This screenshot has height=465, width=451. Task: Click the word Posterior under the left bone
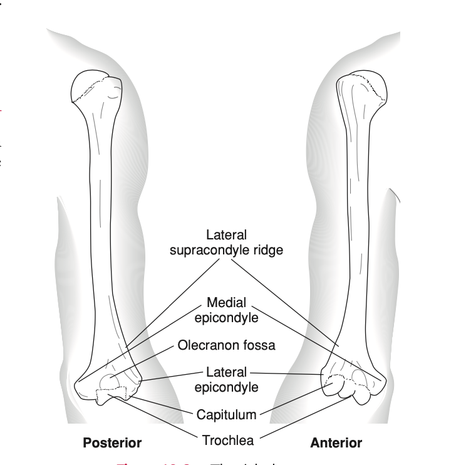112,443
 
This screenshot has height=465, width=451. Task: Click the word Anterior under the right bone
336,443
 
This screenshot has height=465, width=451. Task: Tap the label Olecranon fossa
227,345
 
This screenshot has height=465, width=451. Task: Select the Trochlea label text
227,440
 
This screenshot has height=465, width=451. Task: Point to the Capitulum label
226,414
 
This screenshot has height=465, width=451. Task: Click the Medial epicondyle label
226,310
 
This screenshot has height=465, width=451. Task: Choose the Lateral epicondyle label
226,380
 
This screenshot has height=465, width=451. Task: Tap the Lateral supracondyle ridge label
226,243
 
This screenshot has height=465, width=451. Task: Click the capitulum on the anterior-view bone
333,387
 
